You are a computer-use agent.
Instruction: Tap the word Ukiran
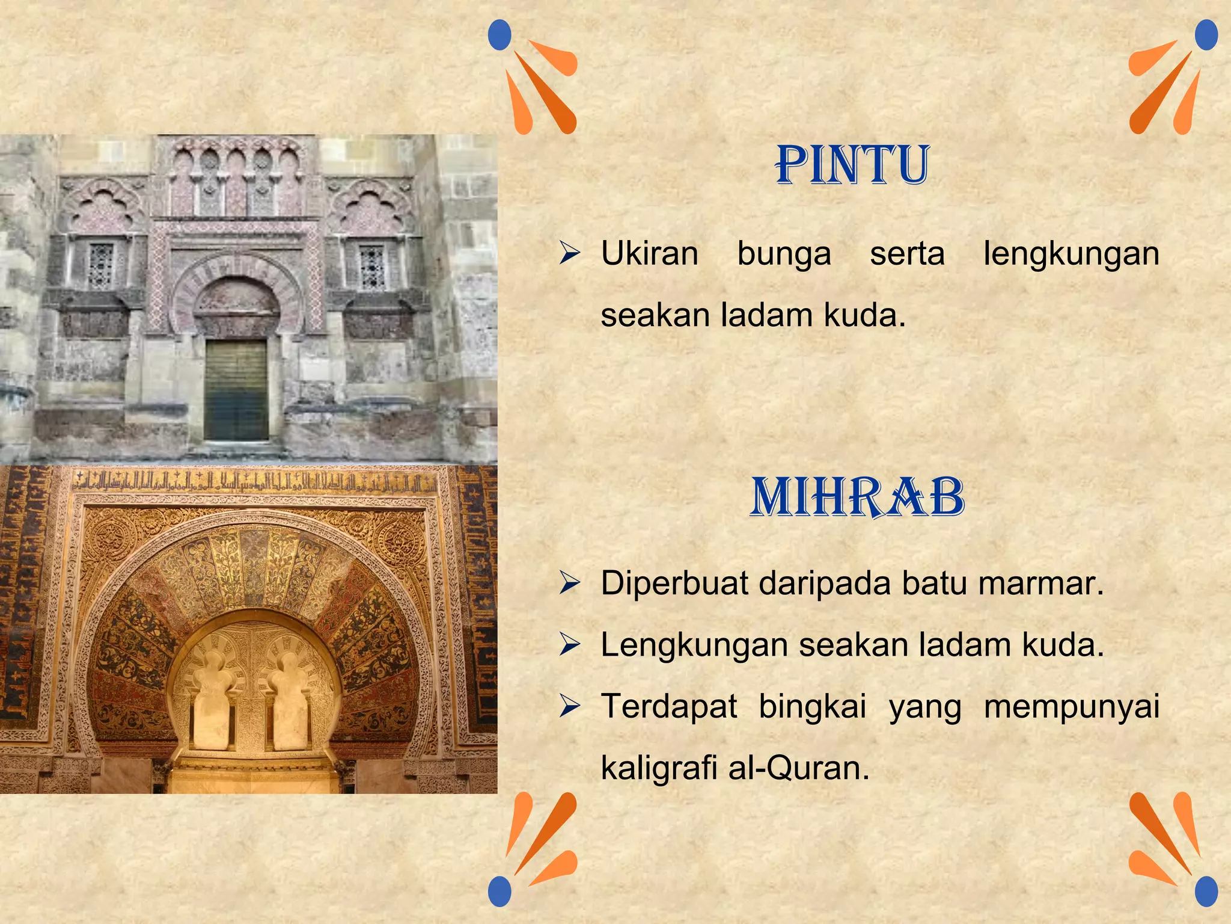tap(650, 253)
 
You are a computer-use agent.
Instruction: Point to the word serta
tap(907, 253)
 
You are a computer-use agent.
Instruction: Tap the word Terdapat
tap(668, 706)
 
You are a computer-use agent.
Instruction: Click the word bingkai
tap(812, 707)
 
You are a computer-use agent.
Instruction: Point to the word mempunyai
tap(1072, 707)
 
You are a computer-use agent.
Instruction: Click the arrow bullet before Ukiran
tap(569, 253)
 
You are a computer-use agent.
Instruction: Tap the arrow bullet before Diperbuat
tap(569, 583)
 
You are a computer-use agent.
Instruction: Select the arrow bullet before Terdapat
tap(569, 706)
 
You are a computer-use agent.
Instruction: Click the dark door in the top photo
tap(236, 390)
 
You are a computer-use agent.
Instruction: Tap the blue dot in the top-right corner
tap(1206, 35)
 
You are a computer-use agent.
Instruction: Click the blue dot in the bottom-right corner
tap(1206, 891)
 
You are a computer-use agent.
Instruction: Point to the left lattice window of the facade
tap(101, 265)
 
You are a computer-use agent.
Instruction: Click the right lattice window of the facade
tap(371, 266)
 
